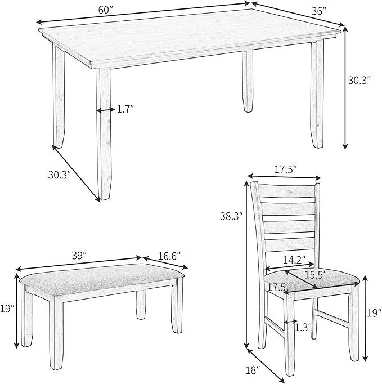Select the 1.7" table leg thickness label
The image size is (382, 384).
[126, 110]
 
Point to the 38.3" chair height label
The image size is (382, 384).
[231, 215]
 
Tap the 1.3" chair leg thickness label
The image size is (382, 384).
[303, 327]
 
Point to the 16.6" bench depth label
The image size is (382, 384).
[169, 256]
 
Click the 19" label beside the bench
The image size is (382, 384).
[6, 308]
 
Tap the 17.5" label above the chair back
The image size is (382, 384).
[285, 169]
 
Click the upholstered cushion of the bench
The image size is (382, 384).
[101, 275]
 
